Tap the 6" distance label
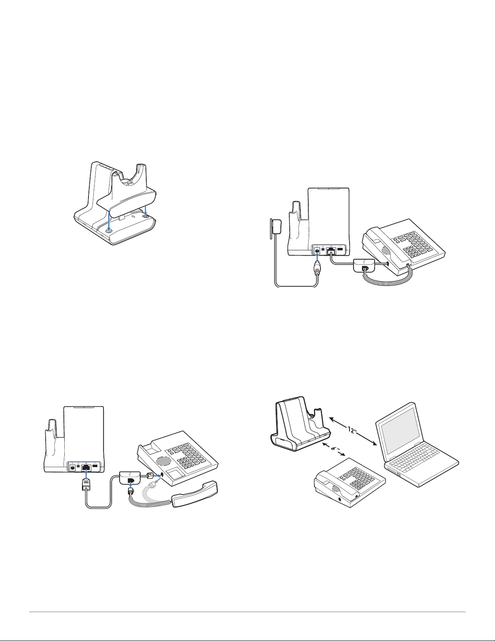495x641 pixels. [x=333, y=449]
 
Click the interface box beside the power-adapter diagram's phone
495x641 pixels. [x=364, y=264]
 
